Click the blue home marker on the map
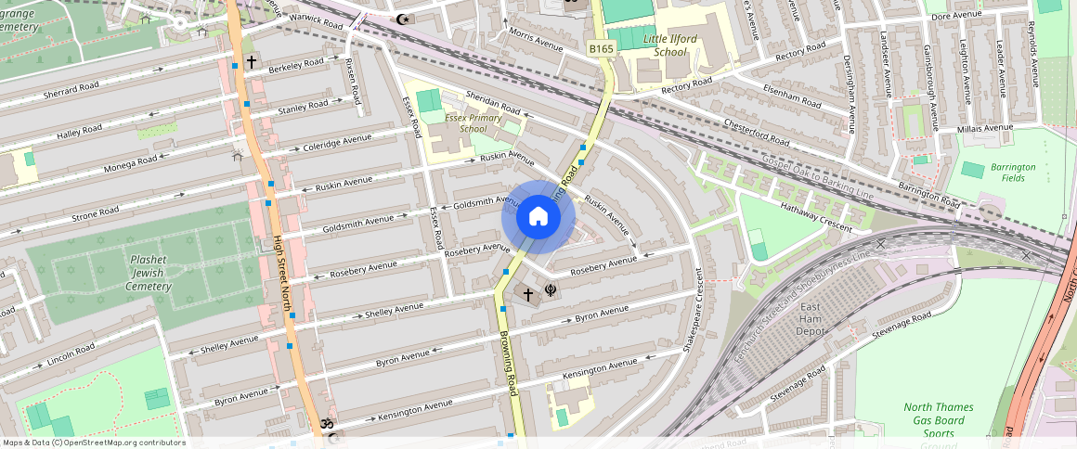(538, 217)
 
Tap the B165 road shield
(602, 47)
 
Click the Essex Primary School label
(473, 123)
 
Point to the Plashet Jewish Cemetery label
(149, 273)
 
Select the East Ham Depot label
(810, 319)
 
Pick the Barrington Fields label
(1012, 172)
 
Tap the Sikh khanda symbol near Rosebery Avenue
(551, 291)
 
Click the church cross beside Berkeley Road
(251, 62)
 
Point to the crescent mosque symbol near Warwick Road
(402, 19)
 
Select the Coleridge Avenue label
(336, 143)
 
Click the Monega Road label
(127, 161)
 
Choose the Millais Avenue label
(984, 128)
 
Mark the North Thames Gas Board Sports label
(939, 420)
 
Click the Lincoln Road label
(72, 353)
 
